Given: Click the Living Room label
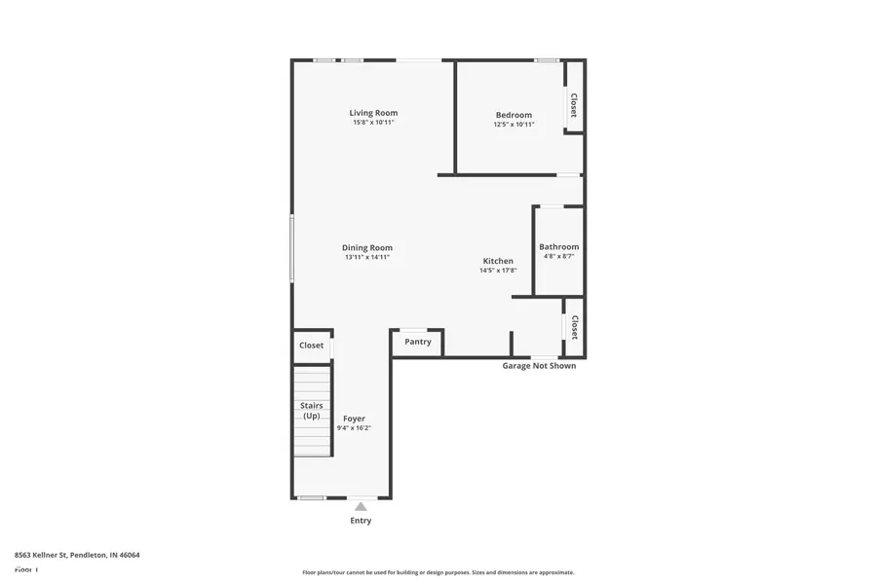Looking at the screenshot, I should point(373,113).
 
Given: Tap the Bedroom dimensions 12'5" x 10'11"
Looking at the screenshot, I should point(514,125).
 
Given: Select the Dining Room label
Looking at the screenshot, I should point(366,247).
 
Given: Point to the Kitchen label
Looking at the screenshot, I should point(498,261).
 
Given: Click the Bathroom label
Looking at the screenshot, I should point(558,247).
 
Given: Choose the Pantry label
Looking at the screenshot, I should point(418,342).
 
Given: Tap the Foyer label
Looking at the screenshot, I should point(354,419).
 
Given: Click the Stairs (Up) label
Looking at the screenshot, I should point(312,411).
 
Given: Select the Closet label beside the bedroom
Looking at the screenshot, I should point(574,105).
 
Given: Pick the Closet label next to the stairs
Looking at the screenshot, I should point(311,346).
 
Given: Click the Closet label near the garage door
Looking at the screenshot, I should point(575,328).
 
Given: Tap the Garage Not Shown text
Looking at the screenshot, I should point(539,366).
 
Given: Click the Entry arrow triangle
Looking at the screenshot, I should point(361,506).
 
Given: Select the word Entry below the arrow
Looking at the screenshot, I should point(361,521).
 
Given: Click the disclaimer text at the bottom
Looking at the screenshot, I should point(438,572).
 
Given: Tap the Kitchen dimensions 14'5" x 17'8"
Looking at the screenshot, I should point(498,271).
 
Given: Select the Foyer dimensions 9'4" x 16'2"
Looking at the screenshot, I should point(354,428).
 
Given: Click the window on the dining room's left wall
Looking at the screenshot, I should point(291,248).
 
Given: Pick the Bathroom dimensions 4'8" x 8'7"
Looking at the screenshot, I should point(558,257).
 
